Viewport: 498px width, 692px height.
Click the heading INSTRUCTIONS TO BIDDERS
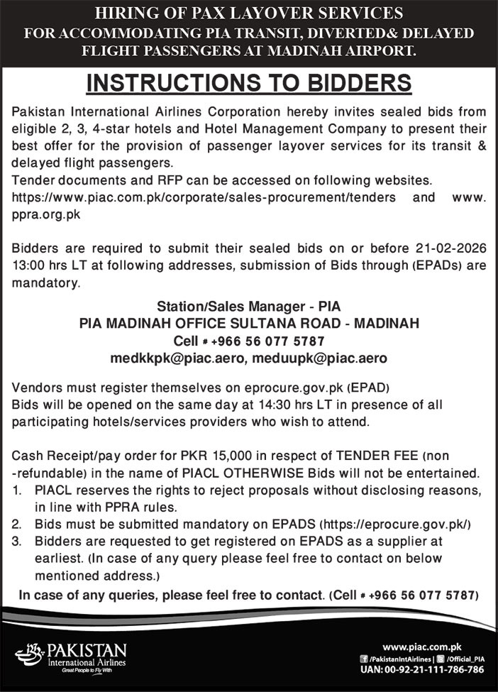(249, 82)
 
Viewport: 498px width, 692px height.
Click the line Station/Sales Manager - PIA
(248, 307)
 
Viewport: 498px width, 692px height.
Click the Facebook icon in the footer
(364, 659)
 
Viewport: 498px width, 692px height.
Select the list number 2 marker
(18, 524)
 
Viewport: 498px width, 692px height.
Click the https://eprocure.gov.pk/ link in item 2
(396, 524)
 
